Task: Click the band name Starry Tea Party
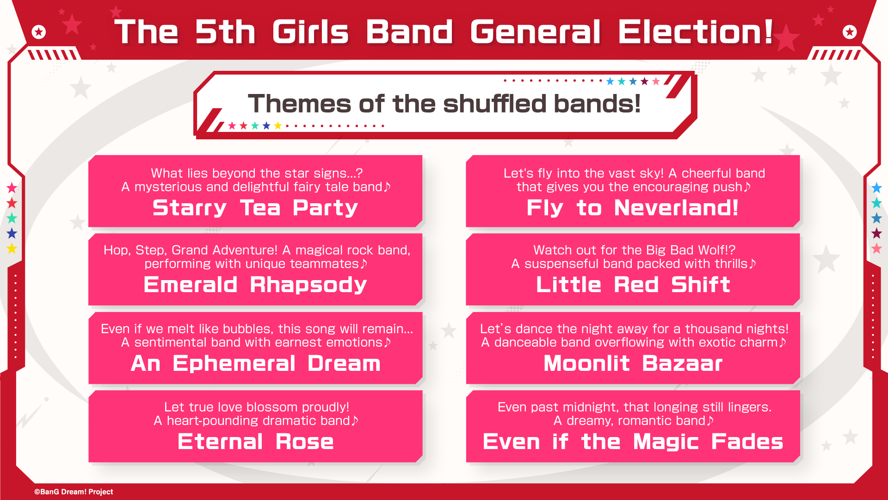[x=255, y=208]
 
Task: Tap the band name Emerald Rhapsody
[x=255, y=285]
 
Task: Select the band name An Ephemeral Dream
[x=256, y=363]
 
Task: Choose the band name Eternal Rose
[x=256, y=442]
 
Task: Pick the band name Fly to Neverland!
[x=633, y=208]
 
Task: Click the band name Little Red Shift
[x=633, y=284]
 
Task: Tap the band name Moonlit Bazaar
[x=633, y=363]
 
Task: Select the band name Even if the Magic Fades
[x=633, y=442]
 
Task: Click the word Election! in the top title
[x=696, y=32]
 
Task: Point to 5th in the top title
[x=225, y=32]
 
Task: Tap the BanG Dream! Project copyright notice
[x=74, y=492]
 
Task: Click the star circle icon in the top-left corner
[x=39, y=32]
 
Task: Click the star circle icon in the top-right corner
[x=850, y=32]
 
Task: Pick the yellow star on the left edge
[x=12, y=249]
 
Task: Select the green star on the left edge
[x=12, y=218]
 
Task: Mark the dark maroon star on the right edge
[x=876, y=233]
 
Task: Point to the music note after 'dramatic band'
[x=355, y=420]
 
